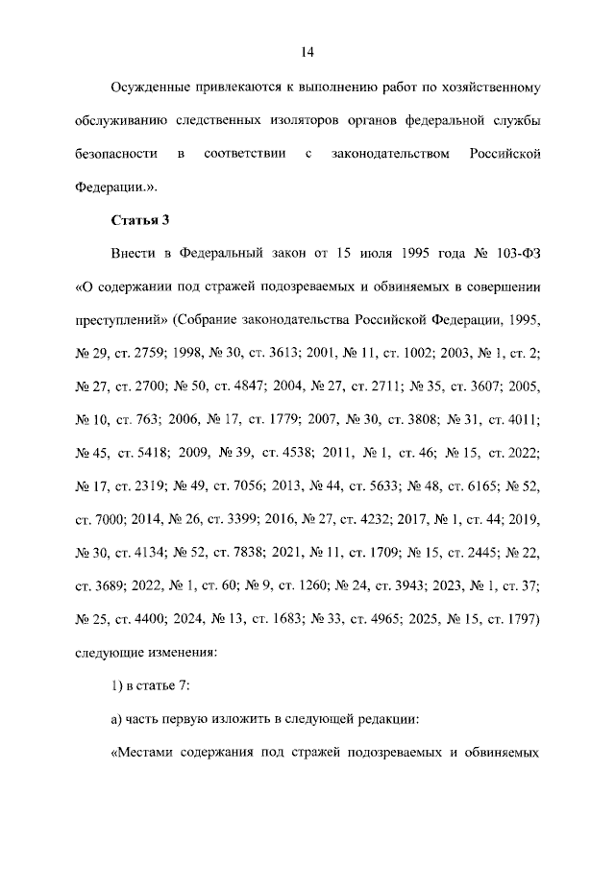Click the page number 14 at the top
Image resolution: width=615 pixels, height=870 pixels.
307,51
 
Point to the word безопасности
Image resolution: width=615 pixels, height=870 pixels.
115,154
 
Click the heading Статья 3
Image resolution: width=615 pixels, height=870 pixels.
140,220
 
